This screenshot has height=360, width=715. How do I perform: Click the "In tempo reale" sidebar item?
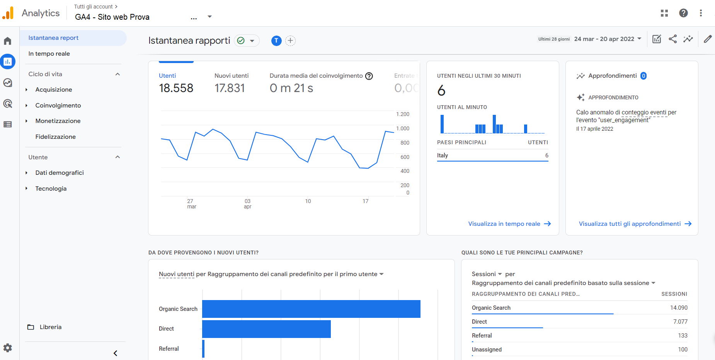49,54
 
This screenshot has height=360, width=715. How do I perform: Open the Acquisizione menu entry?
54,90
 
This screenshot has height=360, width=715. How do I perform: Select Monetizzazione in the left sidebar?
58,121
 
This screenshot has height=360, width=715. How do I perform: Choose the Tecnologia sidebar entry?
51,189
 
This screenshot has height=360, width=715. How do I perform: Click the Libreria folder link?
51,327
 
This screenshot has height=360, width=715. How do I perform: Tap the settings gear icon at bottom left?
8,348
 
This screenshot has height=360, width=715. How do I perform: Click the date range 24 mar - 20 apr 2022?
604,39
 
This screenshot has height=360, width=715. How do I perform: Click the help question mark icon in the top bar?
683,13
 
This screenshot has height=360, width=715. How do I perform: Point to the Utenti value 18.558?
176,88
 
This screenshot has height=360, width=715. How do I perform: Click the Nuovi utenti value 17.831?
230,88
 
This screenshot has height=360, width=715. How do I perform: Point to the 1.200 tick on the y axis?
403,114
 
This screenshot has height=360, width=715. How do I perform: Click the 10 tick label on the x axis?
308,201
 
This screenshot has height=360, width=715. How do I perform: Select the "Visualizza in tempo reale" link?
504,224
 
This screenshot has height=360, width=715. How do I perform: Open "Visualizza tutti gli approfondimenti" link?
630,224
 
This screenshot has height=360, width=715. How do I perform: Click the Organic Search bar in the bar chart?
311,309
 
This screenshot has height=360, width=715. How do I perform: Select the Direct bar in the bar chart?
266,329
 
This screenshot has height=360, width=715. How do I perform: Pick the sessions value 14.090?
679,308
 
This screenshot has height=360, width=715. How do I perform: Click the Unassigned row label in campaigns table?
487,350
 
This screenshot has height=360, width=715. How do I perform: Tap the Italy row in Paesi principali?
492,155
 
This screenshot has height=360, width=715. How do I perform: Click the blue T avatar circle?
276,41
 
